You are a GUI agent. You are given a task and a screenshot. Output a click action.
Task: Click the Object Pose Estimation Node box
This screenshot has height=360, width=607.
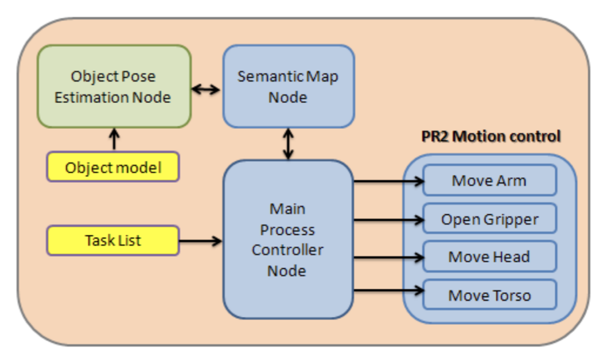114,86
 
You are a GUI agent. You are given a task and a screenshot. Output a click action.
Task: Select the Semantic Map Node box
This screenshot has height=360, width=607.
288,86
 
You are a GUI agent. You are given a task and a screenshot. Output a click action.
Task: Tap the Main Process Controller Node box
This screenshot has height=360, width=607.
288,239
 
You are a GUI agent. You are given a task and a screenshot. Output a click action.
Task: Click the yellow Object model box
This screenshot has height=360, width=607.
113,167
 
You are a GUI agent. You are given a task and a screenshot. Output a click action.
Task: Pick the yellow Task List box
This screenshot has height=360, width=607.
113,241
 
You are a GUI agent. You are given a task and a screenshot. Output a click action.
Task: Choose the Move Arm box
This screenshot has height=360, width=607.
489,180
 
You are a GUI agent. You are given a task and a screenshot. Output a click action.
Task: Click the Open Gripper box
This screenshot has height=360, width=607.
489,219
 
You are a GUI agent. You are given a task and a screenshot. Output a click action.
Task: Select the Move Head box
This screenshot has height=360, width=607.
489,257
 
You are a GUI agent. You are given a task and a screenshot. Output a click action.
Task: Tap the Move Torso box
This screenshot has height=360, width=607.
489,295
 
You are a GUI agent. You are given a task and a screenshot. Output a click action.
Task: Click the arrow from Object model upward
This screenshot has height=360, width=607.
114,139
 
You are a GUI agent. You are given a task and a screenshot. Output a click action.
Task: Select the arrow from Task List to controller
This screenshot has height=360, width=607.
200,241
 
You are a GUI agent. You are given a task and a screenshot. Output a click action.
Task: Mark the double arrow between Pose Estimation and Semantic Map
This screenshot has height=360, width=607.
206,89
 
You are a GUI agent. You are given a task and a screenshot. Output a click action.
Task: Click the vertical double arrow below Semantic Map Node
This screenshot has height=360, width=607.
288,144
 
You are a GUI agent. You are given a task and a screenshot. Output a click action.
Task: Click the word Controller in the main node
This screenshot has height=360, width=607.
287,250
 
